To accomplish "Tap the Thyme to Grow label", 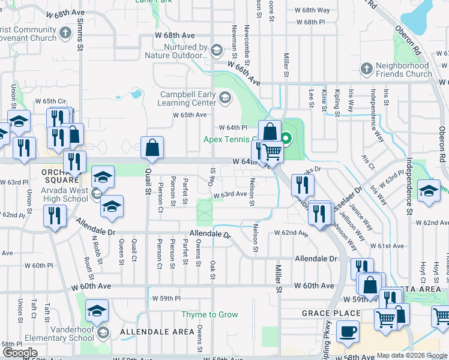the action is (210, 314).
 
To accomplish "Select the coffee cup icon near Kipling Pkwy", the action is (348, 331).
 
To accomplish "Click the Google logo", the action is (20, 353).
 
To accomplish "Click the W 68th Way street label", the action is (313, 10).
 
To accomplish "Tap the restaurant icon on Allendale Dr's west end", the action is (55, 216).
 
